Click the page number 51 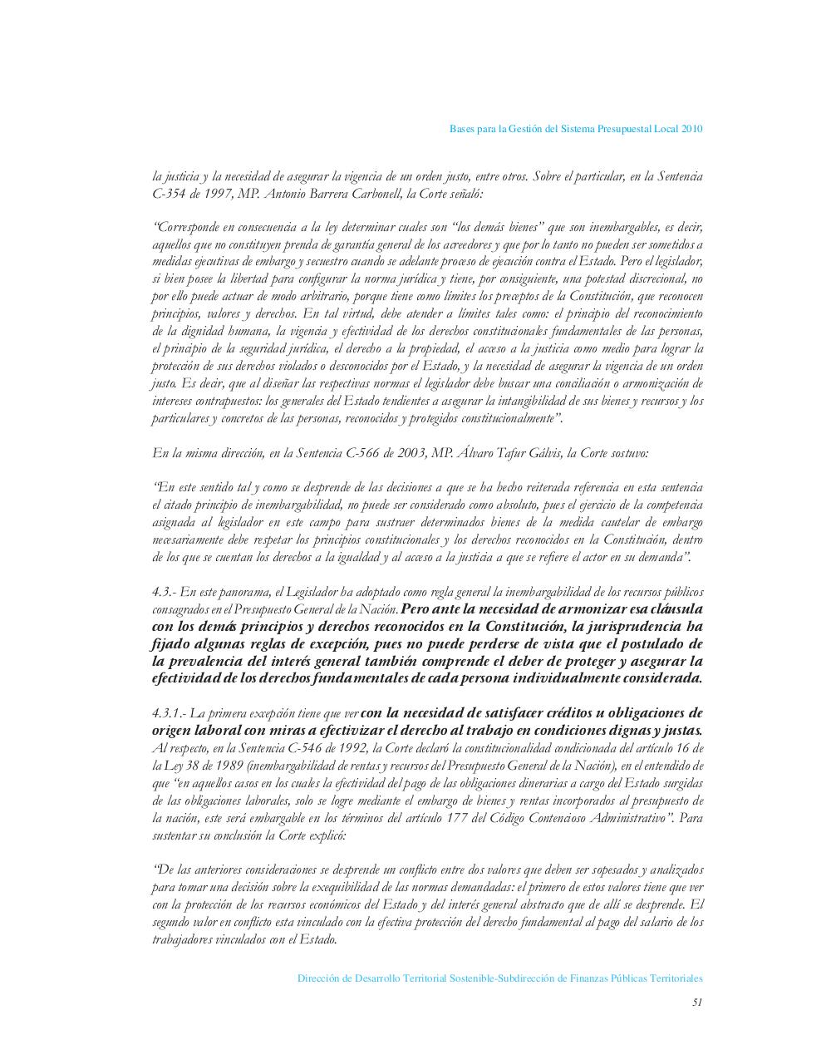coord(697,1002)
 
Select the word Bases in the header coord(462,129)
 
